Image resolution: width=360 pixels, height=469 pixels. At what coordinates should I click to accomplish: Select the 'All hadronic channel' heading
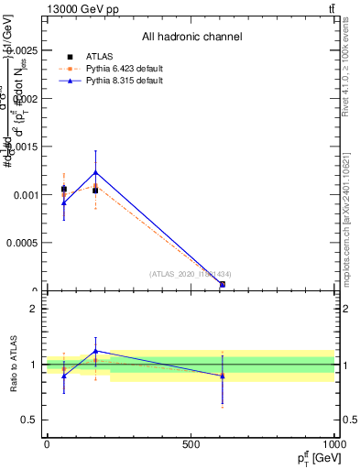click(x=191, y=38)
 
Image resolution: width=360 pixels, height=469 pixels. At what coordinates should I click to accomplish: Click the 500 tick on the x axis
click(x=191, y=444)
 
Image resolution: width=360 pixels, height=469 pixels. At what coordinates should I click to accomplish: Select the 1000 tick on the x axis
click(x=333, y=444)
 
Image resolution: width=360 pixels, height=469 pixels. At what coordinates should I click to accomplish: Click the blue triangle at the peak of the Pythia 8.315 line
click(x=94, y=172)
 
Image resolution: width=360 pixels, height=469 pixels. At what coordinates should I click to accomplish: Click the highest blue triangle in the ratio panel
click(x=94, y=351)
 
